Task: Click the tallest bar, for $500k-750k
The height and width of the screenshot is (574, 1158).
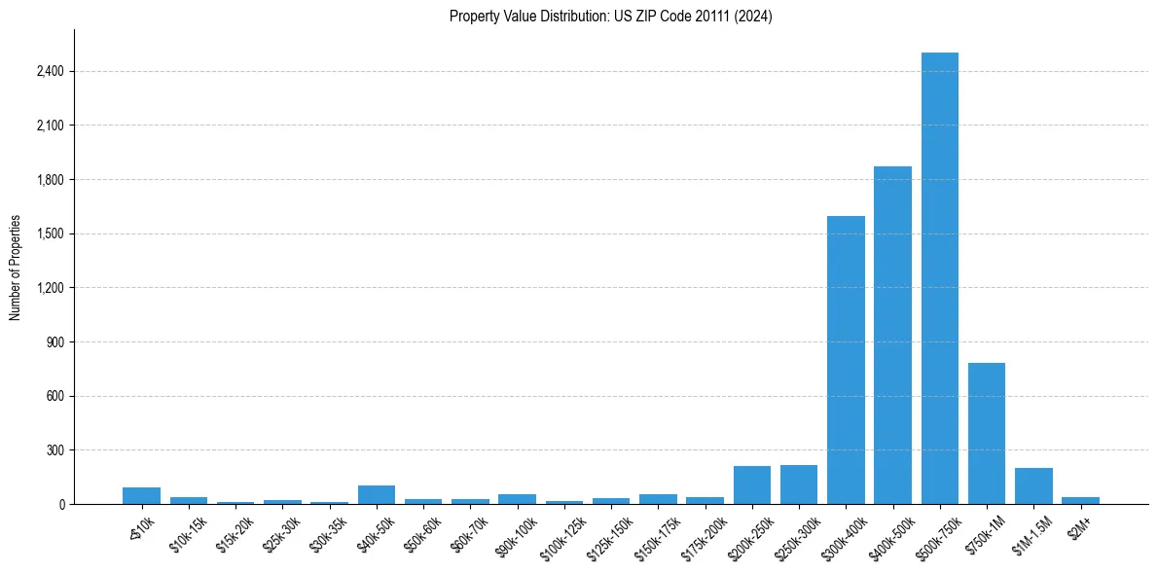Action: point(939,278)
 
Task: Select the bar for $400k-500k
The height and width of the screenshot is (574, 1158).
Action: point(892,336)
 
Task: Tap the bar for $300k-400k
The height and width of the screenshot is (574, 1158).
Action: point(846,360)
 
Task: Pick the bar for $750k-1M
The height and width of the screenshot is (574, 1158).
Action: point(986,434)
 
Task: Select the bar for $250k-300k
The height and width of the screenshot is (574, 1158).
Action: point(798,484)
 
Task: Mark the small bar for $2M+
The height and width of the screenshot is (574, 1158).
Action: point(1080,500)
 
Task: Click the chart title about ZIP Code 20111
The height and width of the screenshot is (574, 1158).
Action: point(610,17)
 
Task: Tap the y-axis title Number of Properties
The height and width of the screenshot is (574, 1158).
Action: point(16,268)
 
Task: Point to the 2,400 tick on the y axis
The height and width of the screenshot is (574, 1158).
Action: point(50,71)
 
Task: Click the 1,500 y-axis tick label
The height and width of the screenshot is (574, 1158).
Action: point(50,233)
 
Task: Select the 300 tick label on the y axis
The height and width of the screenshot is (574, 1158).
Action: point(55,450)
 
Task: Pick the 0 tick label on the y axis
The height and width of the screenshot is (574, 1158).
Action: point(61,504)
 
